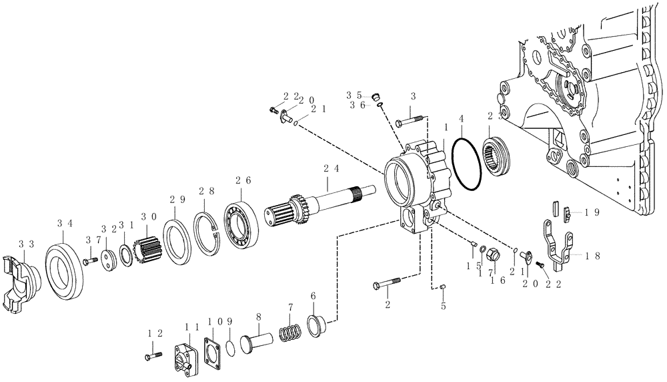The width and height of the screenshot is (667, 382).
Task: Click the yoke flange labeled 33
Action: click(x=17, y=280)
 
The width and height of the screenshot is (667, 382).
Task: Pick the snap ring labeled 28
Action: click(x=208, y=234)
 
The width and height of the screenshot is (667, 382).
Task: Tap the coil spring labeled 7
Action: click(x=289, y=330)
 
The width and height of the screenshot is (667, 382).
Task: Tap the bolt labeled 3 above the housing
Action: click(x=410, y=121)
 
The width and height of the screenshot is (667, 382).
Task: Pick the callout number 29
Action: click(x=177, y=199)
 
